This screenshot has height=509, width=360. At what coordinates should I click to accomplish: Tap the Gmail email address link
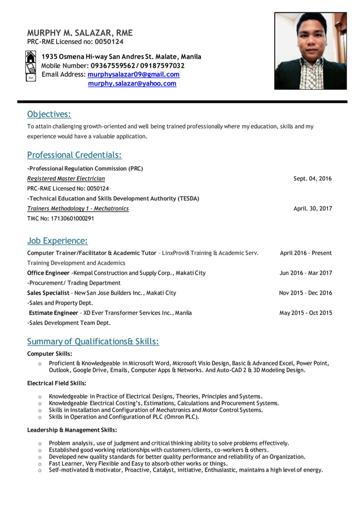point(134,74)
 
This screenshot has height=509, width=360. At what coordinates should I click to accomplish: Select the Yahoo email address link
point(132,84)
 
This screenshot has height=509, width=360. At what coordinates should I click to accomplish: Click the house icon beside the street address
point(31,57)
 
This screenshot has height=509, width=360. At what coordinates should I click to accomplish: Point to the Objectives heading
point(49,115)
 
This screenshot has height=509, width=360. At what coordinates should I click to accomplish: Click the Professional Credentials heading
point(74,155)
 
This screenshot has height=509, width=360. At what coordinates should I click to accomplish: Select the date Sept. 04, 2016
point(313,178)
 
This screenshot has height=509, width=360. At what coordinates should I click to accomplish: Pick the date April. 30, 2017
point(313,208)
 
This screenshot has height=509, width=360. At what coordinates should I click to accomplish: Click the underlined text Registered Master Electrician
point(66,178)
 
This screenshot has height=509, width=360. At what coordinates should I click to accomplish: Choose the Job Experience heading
point(58,241)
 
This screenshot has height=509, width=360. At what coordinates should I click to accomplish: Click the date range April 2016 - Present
point(306,253)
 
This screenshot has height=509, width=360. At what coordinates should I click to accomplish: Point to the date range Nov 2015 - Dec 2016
point(305,293)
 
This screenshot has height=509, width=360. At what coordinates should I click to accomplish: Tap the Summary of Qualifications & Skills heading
point(93,341)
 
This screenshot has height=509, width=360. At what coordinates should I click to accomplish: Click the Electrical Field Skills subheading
point(56,383)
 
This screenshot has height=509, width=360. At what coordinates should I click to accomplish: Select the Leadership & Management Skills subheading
point(72,430)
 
